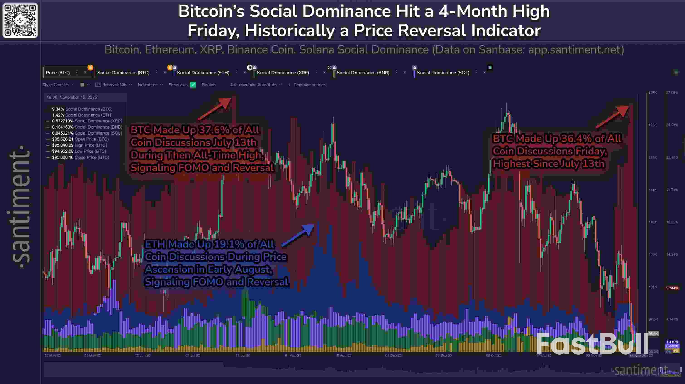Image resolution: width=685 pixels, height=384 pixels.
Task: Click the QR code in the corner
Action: (20, 20)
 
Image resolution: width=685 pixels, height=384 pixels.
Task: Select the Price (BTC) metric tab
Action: (58, 73)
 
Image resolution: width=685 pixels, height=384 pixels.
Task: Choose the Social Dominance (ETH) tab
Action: (203, 73)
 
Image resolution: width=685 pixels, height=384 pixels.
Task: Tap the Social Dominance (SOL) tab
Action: (443, 73)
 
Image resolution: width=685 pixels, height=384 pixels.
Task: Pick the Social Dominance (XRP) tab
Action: (283, 73)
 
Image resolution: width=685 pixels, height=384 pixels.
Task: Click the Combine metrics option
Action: (309, 85)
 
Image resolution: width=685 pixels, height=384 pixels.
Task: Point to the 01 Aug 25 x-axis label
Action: (293, 355)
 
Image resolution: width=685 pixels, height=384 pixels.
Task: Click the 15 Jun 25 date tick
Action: (143, 355)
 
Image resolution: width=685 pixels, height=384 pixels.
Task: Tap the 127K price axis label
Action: (653, 93)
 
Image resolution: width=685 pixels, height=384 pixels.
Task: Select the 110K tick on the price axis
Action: (653, 222)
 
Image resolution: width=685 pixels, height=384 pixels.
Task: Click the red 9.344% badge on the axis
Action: (672, 288)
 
